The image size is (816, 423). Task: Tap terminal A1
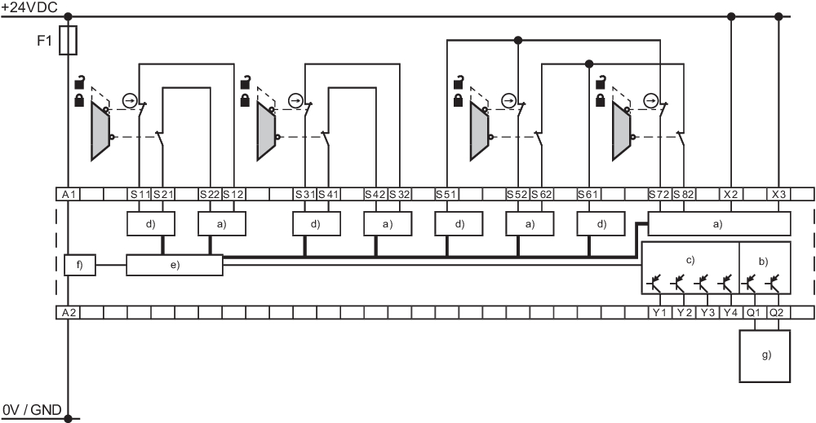[x=68, y=195]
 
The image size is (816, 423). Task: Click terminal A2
[x=68, y=312]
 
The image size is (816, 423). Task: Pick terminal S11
[x=140, y=195]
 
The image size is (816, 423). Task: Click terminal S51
[x=446, y=195]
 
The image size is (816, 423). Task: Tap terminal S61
[x=588, y=195]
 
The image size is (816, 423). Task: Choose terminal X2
[x=730, y=195]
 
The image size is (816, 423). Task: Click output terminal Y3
[x=706, y=312]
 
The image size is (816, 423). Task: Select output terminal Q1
[x=753, y=312]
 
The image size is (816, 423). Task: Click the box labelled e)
[x=175, y=265]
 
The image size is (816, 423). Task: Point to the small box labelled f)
[x=80, y=265]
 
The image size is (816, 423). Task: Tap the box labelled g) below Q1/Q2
[x=765, y=356]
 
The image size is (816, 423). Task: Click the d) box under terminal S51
[x=458, y=223]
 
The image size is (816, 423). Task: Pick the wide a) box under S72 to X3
[x=719, y=223]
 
